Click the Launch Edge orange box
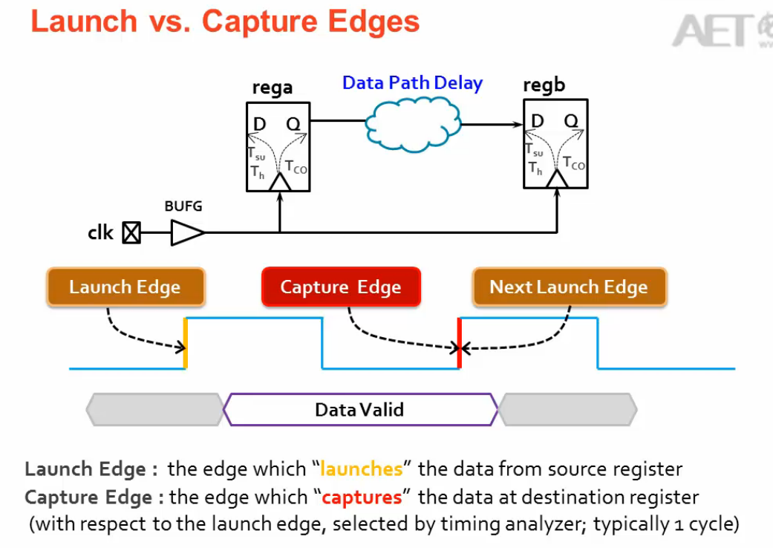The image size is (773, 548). [125, 287]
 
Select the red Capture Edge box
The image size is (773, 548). [341, 287]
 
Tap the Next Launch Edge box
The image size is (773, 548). [569, 287]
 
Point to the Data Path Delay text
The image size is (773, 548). [412, 83]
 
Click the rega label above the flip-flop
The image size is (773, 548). [273, 87]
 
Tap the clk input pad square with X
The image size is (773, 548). [131, 233]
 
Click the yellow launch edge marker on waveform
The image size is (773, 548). [186, 343]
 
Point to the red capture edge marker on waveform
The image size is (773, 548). [460, 343]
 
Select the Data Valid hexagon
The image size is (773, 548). [359, 409]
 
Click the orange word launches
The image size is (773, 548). [361, 469]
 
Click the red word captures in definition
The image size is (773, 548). [362, 496]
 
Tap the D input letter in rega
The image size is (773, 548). [259, 124]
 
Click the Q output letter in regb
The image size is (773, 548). [571, 121]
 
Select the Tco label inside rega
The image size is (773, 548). [296, 167]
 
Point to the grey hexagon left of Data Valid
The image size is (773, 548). [154, 409]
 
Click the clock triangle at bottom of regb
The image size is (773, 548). [556, 179]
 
